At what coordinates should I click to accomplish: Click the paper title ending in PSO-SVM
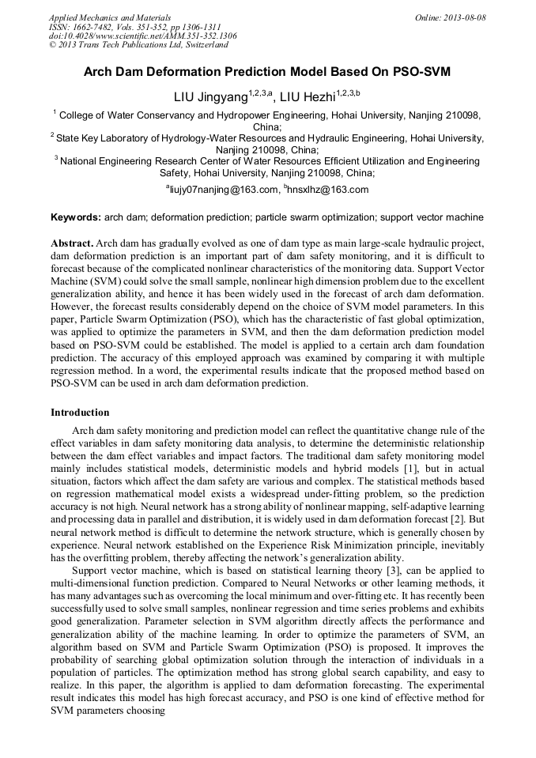click(267, 71)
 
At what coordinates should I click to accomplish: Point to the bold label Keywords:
click(75, 217)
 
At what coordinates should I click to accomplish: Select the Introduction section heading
click(80, 412)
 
